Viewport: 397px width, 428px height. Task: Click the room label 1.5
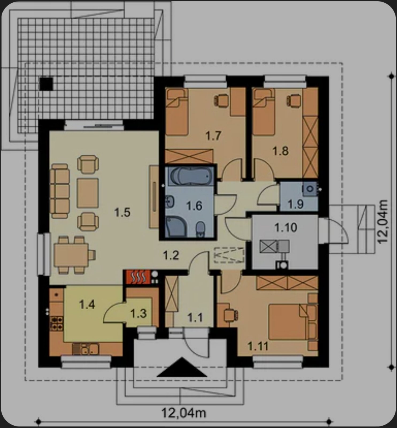point(122,213)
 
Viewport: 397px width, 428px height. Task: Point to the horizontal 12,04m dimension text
point(184,413)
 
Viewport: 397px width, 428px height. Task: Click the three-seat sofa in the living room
point(60,191)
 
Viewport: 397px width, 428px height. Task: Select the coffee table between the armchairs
point(88,193)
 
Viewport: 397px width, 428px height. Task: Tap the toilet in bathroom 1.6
point(201,230)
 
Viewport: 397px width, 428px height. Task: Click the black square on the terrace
point(46,84)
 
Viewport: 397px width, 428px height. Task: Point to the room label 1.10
point(286,228)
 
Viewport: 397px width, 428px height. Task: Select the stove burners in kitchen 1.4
point(57,323)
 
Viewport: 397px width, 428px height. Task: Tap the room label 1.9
point(295,204)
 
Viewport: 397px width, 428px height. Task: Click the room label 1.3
point(138,314)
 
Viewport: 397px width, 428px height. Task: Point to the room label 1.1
point(195,318)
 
